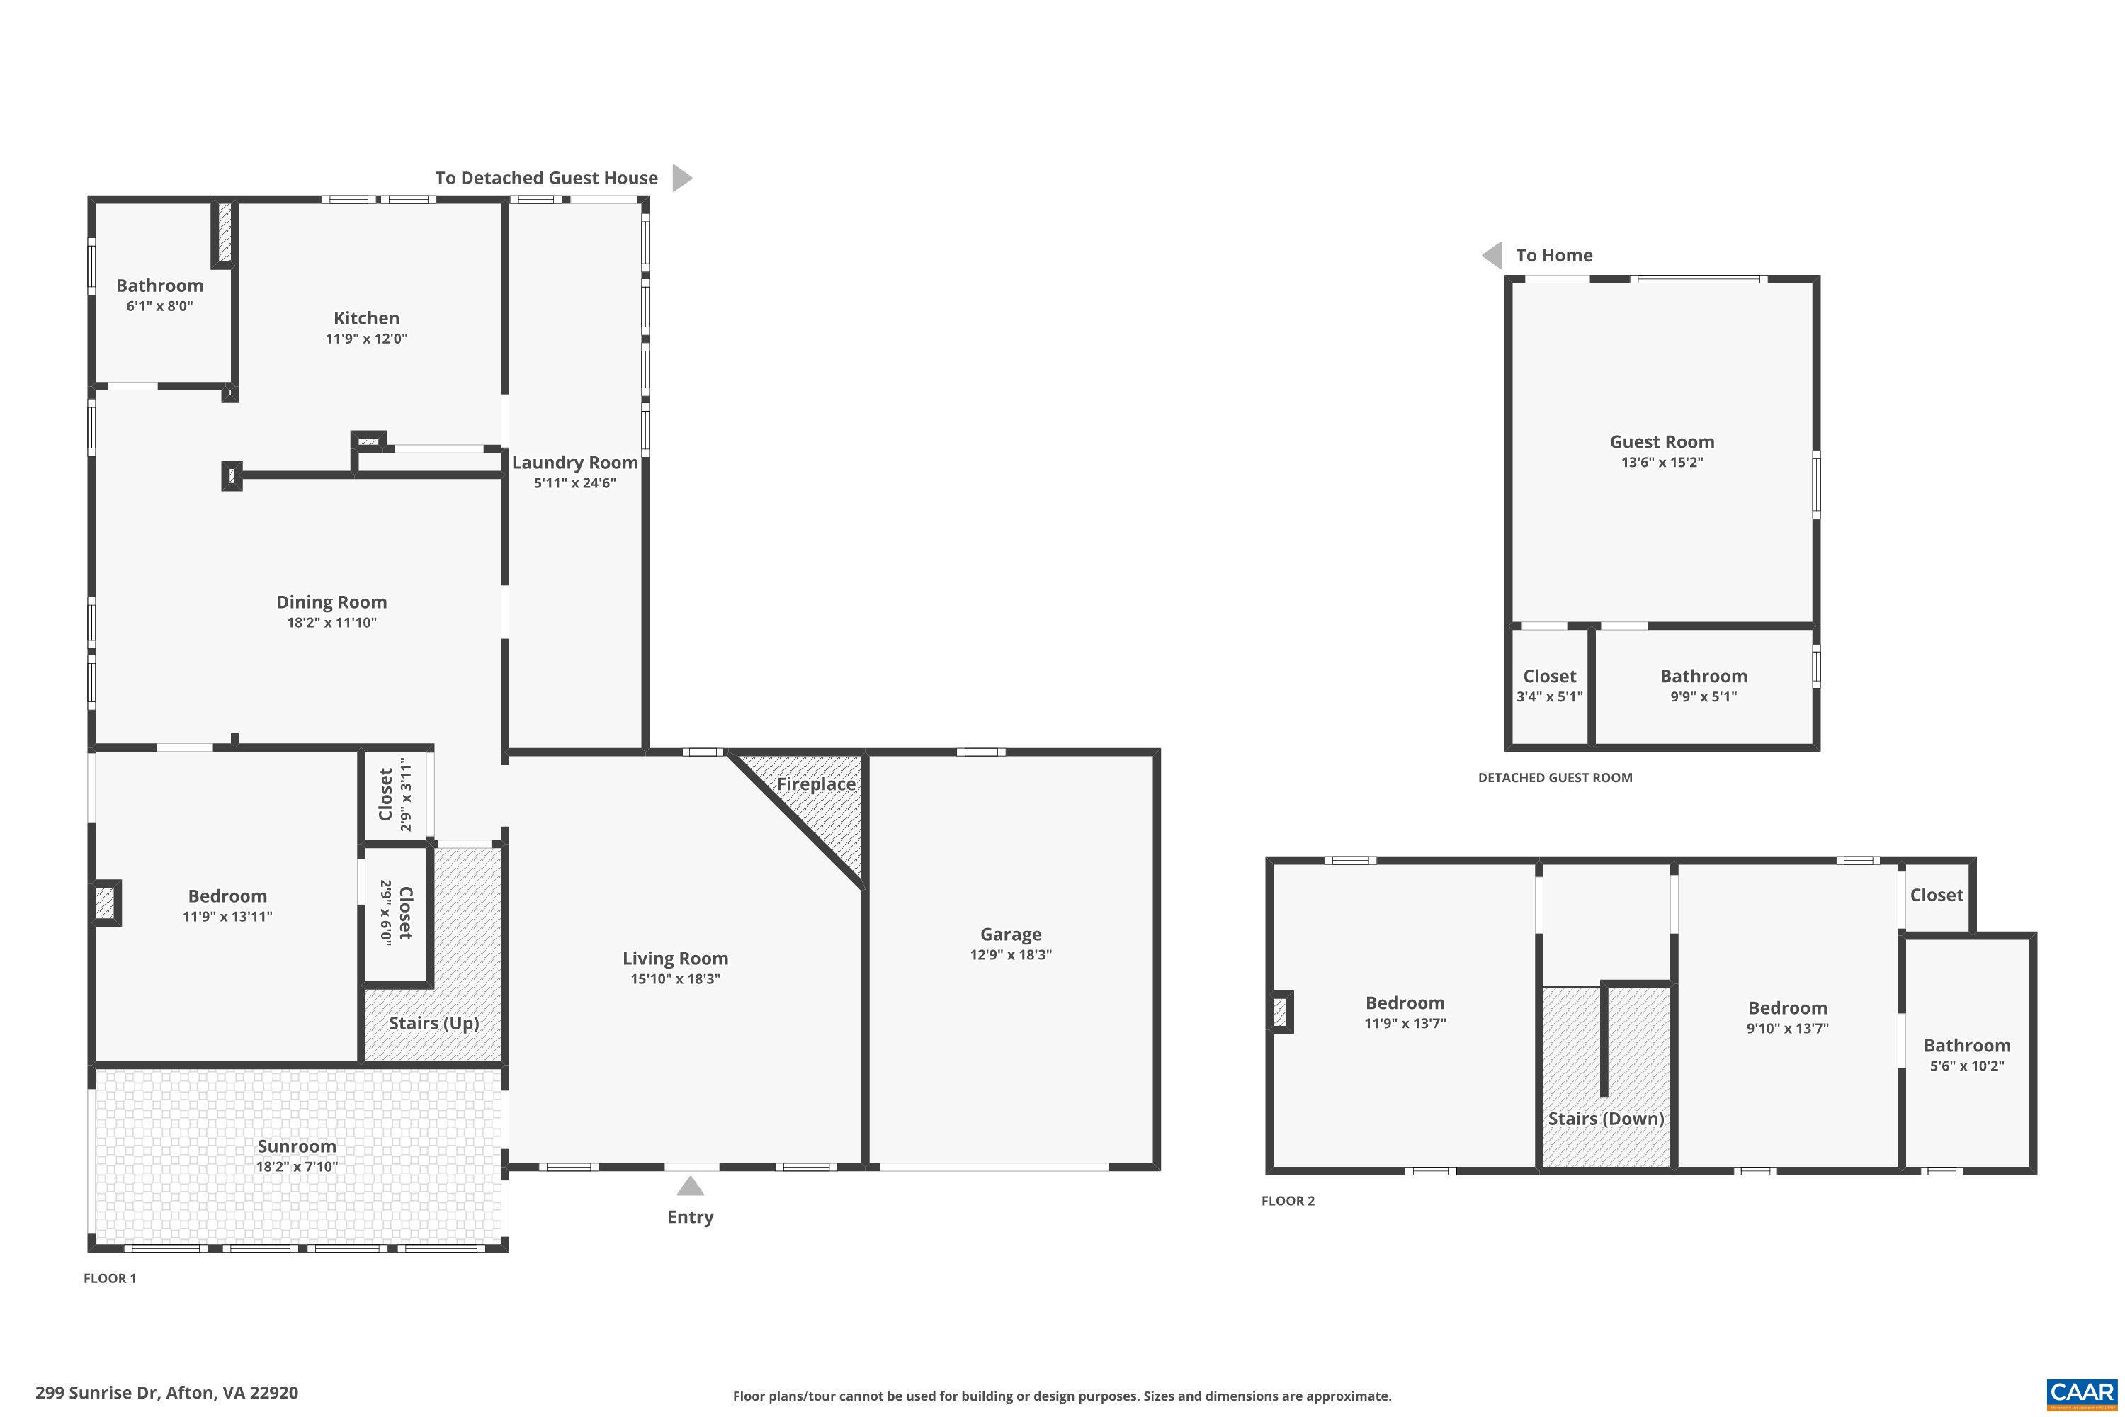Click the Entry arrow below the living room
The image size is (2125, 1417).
[x=689, y=1185]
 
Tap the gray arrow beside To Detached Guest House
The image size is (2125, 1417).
[x=681, y=178]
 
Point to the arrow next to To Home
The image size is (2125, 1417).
[x=1492, y=256]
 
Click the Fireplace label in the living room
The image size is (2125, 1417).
[x=816, y=784]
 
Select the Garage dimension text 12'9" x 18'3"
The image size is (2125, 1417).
[x=1010, y=954]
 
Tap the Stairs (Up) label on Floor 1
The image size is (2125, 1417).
[x=433, y=1023]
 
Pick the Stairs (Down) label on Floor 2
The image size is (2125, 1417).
[x=1606, y=1119]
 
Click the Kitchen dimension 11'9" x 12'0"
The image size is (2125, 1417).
[x=366, y=339]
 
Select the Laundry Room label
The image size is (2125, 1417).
[x=574, y=463]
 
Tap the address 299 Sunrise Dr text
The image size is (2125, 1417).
[x=166, y=1393]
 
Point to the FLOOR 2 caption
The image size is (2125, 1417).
[x=1288, y=1201]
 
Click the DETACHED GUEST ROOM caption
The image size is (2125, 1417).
[x=1554, y=778]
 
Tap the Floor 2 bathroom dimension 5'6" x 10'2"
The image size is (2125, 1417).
[x=1966, y=1066]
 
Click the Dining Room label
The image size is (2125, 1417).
[x=331, y=602]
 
